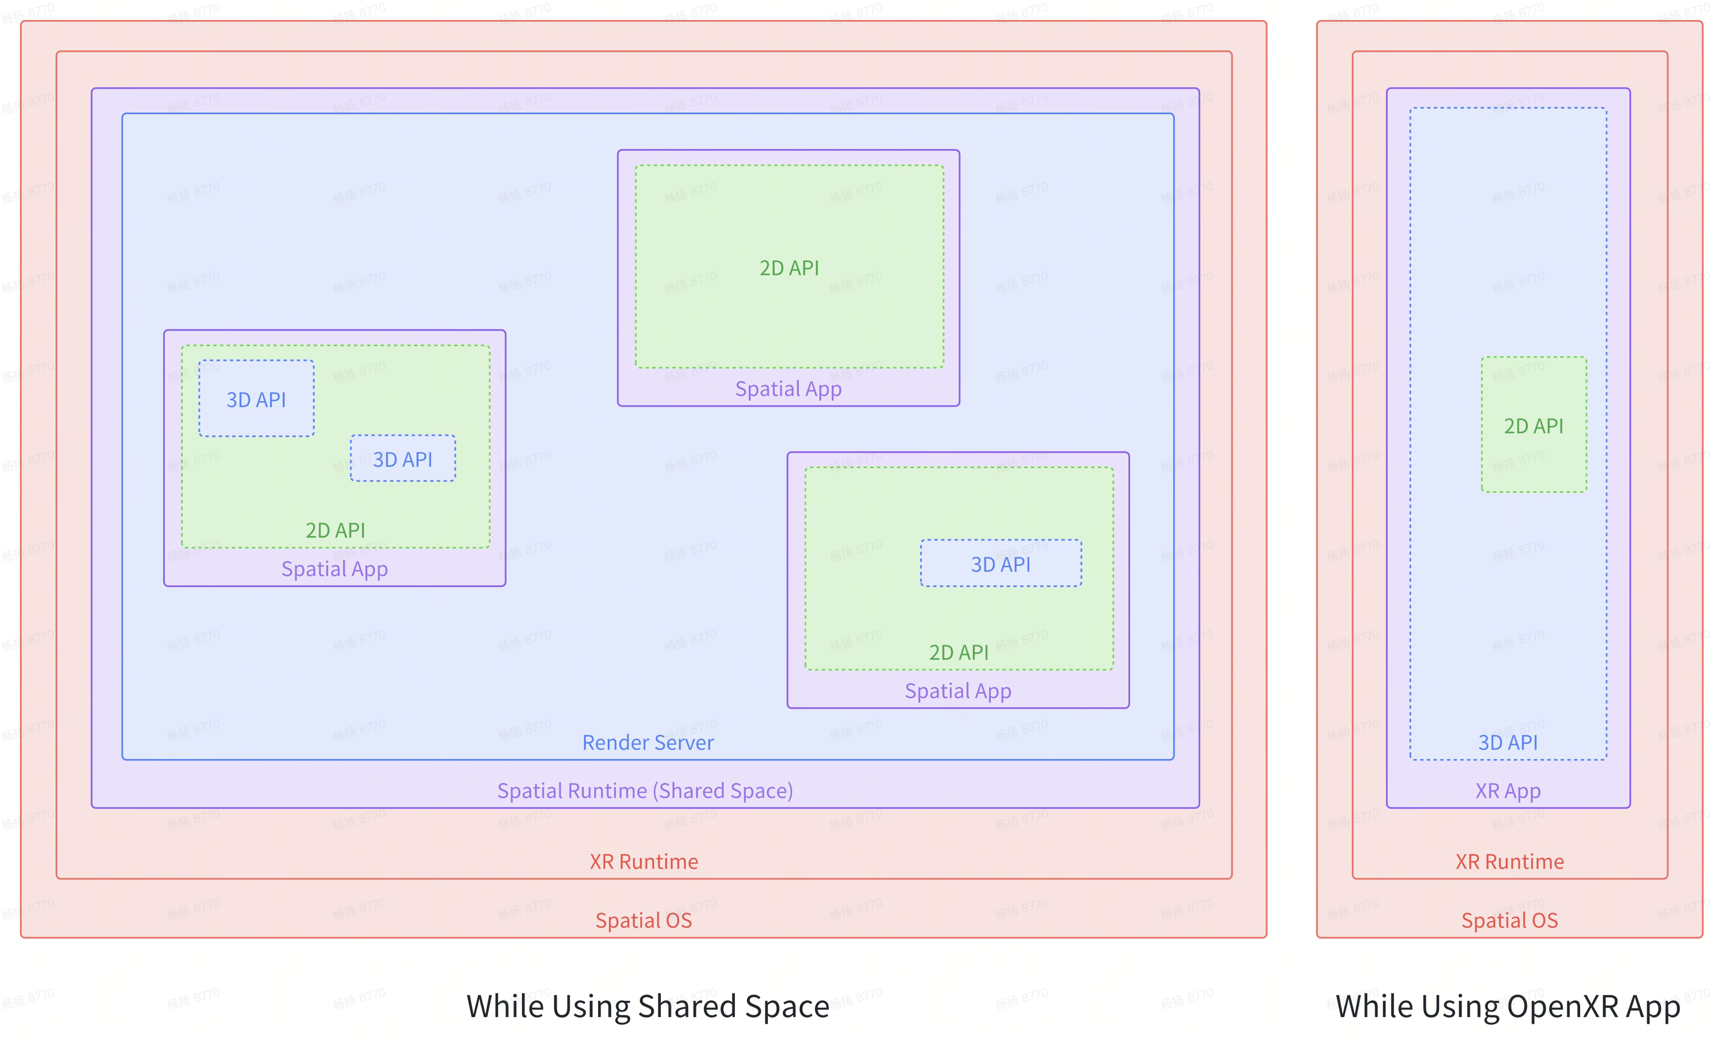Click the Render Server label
(648, 743)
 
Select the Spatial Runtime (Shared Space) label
(644, 790)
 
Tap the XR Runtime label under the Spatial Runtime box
(644, 861)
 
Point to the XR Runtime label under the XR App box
(1509, 861)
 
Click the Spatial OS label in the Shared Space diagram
(643, 920)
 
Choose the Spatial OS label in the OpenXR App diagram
(1509, 920)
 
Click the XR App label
(1508, 790)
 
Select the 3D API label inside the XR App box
(1508, 743)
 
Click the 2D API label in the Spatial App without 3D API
(789, 268)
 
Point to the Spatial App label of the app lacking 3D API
(788, 389)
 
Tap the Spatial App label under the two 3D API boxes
(335, 569)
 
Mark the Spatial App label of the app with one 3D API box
(958, 691)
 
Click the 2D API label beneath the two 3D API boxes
(335, 530)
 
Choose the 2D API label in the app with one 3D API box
(958, 652)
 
